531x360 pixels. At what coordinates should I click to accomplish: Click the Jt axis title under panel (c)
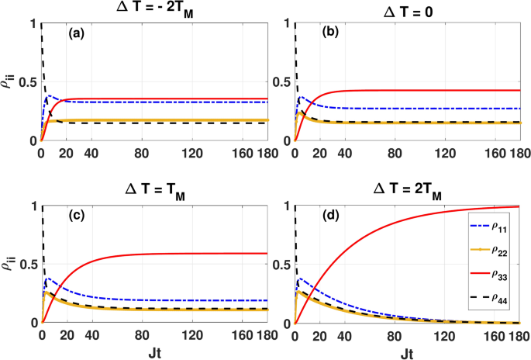click(x=155, y=351)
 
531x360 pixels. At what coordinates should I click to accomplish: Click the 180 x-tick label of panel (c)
click(x=262, y=335)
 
